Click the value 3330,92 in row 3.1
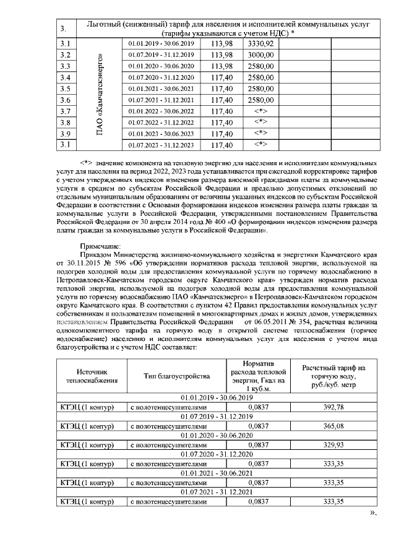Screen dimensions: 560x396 [260, 44]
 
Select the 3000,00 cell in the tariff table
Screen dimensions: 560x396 [260, 55]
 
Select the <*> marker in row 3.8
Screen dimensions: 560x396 [260, 123]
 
